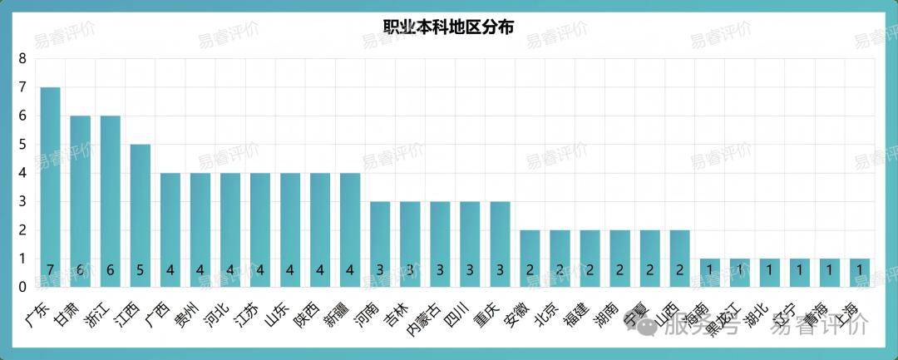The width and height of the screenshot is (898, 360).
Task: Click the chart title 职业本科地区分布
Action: click(448, 26)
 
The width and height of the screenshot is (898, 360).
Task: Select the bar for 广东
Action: click(50, 187)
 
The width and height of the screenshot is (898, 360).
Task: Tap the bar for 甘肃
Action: click(80, 201)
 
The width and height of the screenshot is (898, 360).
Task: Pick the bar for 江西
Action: click(140, 215)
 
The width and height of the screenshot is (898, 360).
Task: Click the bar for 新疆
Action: click(350, 229)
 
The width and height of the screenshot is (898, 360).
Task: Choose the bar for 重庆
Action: click(500, 244)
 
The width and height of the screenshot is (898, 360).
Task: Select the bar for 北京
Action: click(560, 258)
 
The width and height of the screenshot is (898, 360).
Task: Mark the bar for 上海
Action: click(860, 272)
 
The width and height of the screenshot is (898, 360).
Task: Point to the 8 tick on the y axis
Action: click(22, 59)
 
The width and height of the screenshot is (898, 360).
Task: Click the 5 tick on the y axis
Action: click(22, 145)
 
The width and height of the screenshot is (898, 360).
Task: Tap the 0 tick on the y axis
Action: click(22, 287)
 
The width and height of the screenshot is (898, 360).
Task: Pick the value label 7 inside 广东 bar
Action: click(50, 271)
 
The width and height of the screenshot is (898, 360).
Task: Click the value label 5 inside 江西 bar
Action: click(140, 271)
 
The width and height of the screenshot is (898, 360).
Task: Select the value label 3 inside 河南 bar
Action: click(380, 271)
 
